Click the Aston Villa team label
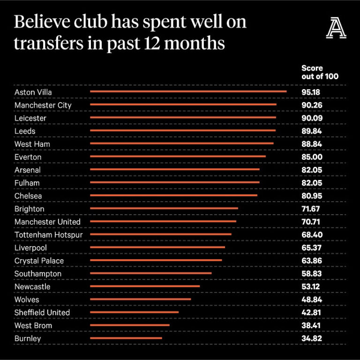click(x=33, y=92)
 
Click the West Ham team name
click(x=32, y=144)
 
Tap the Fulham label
click(x=27, y=183)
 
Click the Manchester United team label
click(x=47, y=222)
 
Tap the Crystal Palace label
click(x=39, y=261)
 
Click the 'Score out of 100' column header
click(x=320, y=72)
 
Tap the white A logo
click(x=337, y=29)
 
